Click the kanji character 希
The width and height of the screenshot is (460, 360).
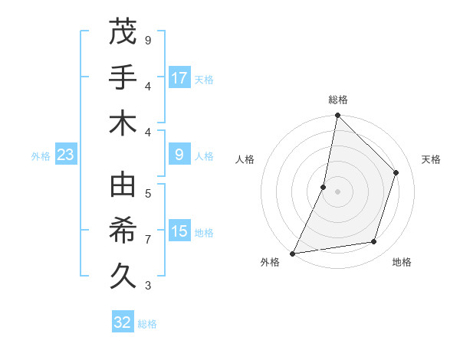pos(123,231)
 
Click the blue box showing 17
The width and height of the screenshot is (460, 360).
pos(179,77)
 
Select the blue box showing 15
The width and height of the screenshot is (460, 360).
pos(179,231)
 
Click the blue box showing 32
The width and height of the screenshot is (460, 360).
pos(123,322)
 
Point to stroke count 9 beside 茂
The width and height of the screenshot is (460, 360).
pos(148,40)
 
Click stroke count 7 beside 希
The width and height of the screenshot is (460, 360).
pos(148,240)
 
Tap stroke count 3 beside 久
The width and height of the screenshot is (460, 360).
pos(148,286)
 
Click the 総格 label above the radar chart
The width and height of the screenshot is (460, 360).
pos(338,100)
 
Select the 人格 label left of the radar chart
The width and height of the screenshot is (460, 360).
pos(245,159)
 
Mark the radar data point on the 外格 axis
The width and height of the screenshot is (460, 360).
pos(293,253)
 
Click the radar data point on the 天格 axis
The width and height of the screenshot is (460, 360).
pos(396,172)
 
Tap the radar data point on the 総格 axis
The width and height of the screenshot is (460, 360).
pos(337,116)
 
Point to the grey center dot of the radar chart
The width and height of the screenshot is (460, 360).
pos(337,191)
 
